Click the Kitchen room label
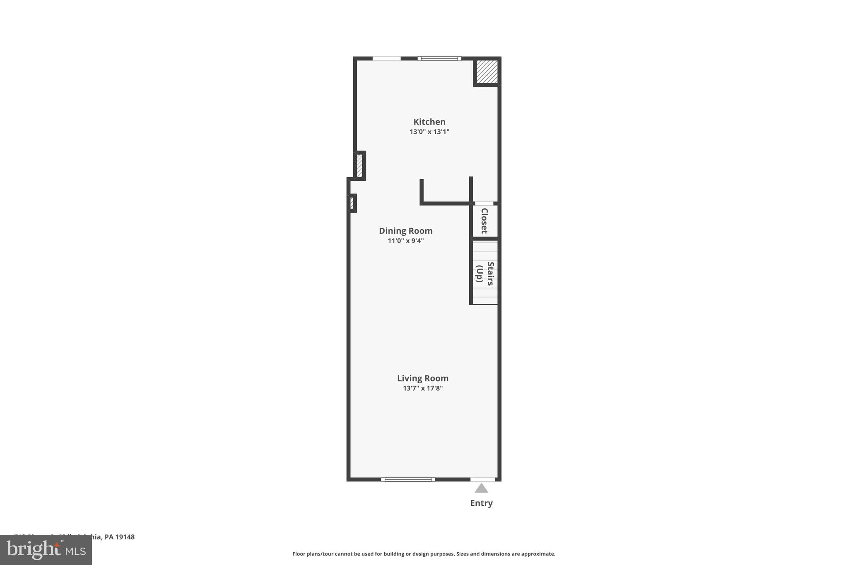[429, 122]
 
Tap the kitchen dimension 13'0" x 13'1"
[429, 132]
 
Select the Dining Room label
[405, 231]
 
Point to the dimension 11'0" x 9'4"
[405, 241]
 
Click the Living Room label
[422, 378]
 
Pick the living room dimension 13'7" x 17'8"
[422, 388]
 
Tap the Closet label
[484, 221]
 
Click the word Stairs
[490, 274]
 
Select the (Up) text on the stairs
[479, 274]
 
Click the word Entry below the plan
[481, 503]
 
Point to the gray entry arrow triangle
[481, 488]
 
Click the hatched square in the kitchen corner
[487, 72]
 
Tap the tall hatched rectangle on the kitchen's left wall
[359, 166]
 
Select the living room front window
[408, 479]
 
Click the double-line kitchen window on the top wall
[439, 58]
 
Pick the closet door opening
[484, 204]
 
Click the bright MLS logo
[46, 550]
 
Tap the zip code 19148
[125, 537]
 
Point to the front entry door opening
[482, 479]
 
